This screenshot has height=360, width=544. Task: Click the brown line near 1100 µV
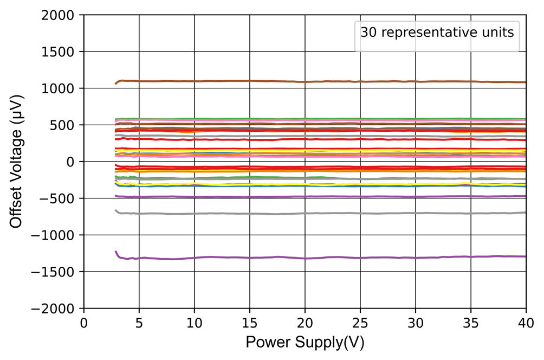click(x=325, y=81)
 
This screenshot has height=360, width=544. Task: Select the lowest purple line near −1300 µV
click(x=325, y=257)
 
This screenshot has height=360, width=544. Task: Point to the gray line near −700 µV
click(x=325, y=213)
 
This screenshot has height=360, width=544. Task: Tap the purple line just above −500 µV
click(x=325, y=196)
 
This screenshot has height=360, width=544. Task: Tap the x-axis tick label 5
click(x=139, y=322)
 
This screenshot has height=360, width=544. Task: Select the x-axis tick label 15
click(x=250, y=322)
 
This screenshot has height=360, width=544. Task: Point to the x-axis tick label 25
click(x=360, y=322)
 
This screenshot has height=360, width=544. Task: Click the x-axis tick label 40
click(x=526, y=322)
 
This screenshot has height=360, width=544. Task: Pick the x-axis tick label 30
click(x=415, y=322)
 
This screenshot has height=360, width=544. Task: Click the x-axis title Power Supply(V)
click(x=305, y=343)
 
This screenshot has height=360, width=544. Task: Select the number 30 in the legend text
click(x=367, y=33)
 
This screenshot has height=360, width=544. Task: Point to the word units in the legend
click(x=498, y=33)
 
